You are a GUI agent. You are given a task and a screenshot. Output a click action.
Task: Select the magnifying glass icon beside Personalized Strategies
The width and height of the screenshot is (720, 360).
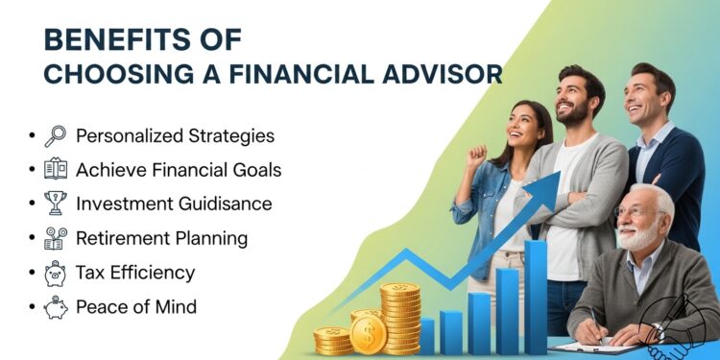56,135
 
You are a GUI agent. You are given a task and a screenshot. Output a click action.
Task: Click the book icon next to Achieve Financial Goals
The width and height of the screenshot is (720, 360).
56,170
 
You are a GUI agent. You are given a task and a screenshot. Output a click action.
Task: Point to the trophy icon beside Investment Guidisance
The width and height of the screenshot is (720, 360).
56,204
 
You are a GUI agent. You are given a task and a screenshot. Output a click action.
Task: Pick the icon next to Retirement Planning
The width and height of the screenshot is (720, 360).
56,238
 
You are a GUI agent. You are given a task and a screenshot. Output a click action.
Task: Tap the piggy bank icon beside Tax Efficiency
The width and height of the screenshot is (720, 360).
56,273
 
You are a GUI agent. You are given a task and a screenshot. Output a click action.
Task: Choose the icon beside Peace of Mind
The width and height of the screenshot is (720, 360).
56,307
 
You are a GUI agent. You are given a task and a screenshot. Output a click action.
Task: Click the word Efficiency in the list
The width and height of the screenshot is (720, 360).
157,273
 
